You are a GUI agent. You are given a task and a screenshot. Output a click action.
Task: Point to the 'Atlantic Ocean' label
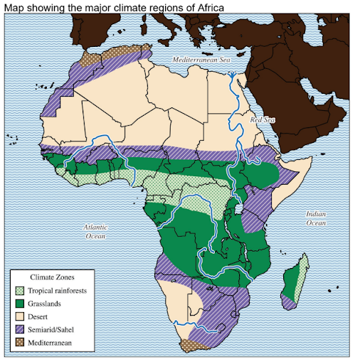[94, 230]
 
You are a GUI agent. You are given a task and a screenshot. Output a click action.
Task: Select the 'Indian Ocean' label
[316, 218]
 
